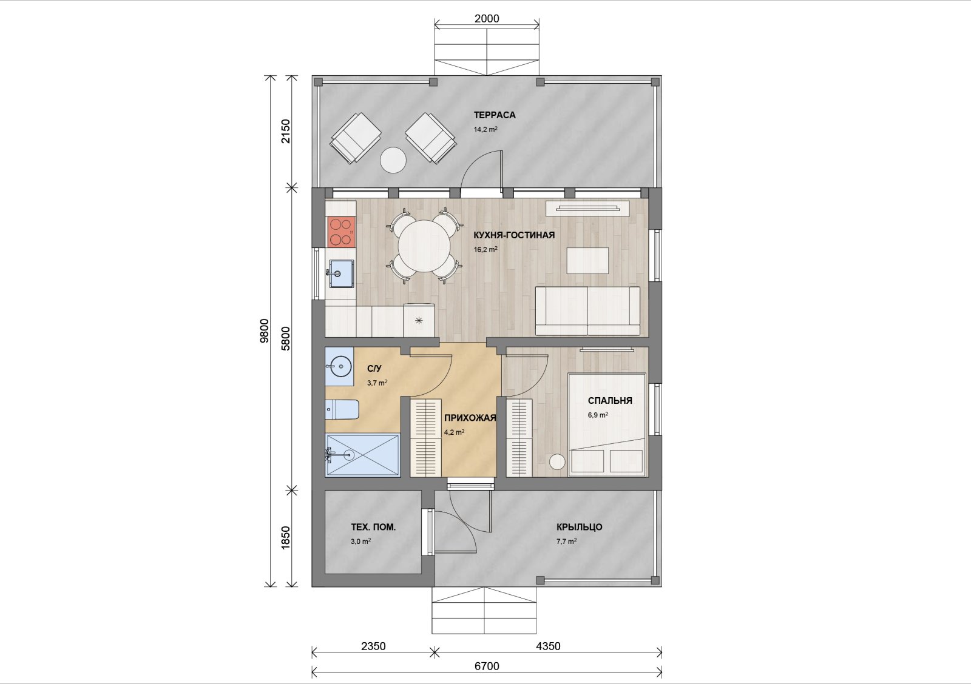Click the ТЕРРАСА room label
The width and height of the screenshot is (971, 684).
495,115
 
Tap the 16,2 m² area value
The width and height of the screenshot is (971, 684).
486,249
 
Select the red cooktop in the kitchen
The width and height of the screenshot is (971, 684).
340,232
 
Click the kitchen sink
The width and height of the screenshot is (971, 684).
341,273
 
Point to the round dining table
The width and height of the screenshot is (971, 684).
424,246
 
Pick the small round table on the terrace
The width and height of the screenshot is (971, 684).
393,160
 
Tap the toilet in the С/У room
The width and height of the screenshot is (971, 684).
342,409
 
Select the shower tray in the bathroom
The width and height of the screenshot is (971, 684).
362,455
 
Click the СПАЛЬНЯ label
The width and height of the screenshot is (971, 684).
610,401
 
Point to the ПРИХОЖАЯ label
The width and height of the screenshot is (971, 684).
470,418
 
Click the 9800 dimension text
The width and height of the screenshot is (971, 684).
264,331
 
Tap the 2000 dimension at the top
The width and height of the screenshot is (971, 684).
487,19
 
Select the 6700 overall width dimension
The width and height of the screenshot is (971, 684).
487,666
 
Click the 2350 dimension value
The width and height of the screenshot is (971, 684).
373,646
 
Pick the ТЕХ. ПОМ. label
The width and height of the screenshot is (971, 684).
373,527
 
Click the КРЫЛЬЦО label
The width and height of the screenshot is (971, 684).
580,527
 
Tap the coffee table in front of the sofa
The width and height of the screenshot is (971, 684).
587,260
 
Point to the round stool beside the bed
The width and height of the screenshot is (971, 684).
558,461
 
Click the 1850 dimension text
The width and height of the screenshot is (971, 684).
286,538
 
